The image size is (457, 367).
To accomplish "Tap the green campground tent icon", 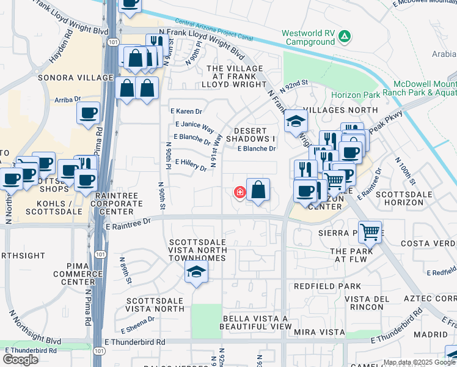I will click(345, 37).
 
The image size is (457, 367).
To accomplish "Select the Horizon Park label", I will click(356, 95).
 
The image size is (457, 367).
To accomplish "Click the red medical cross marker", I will click(239, 193).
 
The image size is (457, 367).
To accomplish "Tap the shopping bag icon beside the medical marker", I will click(258, 190).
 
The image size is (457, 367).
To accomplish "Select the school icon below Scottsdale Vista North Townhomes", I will click(196, 273).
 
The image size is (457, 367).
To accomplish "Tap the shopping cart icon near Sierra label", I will click(370, 232).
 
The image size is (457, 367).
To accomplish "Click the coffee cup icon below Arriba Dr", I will click(88, 113).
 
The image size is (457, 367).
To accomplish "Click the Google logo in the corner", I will click(20, 359).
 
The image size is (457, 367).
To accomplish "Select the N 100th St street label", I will click(405, 172).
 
